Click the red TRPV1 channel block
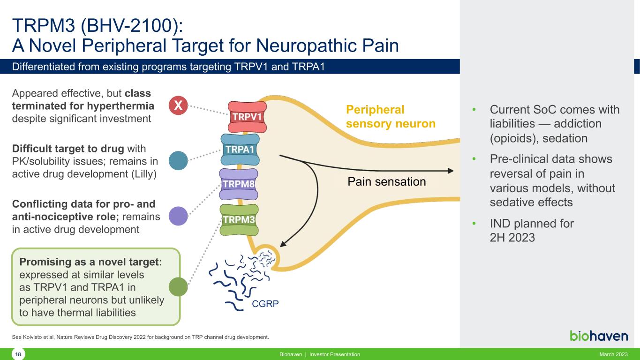248,117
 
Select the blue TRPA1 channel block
240,149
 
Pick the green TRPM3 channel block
240,220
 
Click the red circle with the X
178,106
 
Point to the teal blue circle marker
178,160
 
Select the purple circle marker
178,216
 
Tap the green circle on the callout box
178,287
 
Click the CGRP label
265,304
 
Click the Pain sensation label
386,181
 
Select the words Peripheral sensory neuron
391,116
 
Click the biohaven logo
599,336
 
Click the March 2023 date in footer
613,354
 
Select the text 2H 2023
512,238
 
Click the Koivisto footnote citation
140,337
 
